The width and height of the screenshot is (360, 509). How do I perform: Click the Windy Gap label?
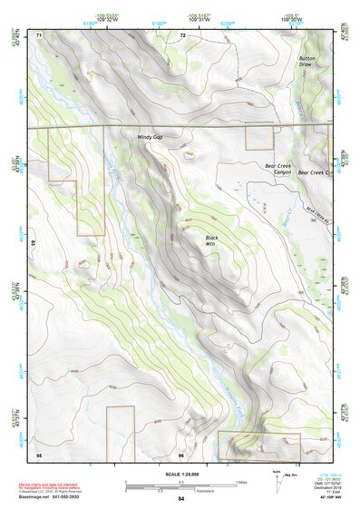tap(150, 137)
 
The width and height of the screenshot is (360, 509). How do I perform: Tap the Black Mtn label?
tap(210, 240)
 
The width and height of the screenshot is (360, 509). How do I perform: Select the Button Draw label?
tap(307, 62)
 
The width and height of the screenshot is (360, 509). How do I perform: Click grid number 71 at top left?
tap(39, 34)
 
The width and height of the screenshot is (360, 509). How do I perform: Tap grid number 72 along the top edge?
tap(182, 34)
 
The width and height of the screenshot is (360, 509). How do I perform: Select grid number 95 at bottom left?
tap(39, 454)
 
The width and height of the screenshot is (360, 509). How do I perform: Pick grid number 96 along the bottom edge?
tap(181, 454)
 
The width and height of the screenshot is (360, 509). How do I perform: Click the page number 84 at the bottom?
tap(181, 499)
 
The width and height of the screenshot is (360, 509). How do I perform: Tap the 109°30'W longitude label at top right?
tap(316, 17)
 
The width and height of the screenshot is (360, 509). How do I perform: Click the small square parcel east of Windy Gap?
tap(259, 138)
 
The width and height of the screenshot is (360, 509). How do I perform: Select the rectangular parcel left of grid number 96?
tap(120, 432)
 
